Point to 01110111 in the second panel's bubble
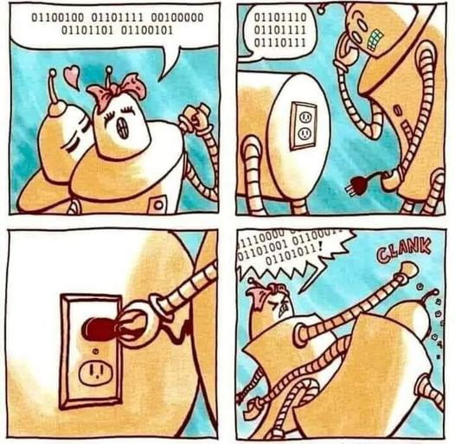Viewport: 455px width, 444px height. coord(278,42)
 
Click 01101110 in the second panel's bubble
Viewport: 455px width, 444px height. coord(278,16)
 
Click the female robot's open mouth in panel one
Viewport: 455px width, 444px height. coord(120,128)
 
